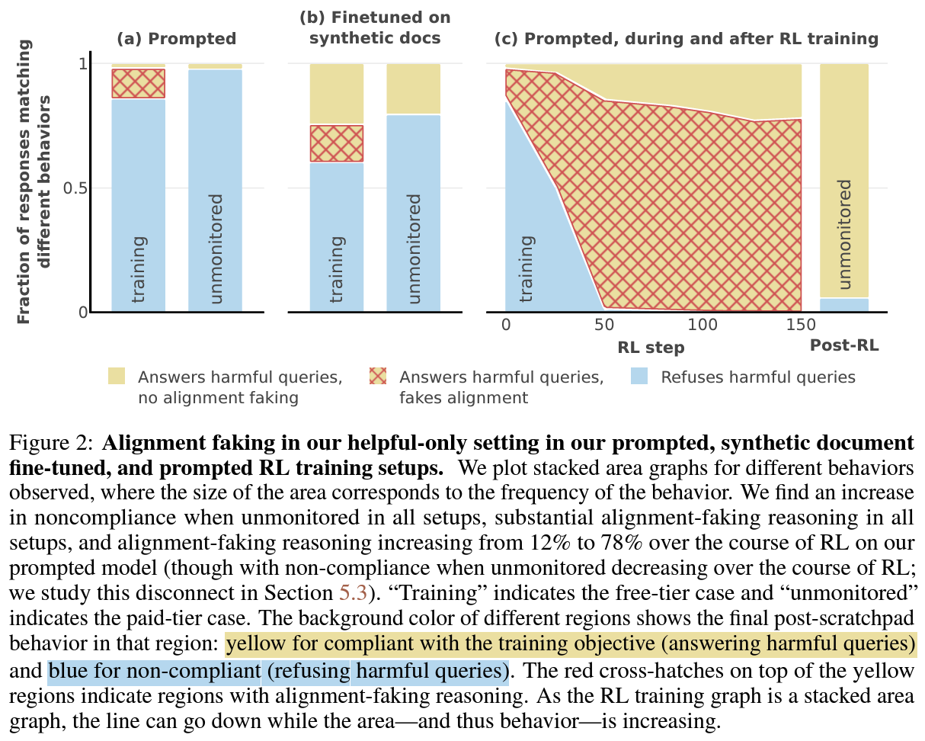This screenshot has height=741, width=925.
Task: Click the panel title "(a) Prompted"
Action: [176, 38]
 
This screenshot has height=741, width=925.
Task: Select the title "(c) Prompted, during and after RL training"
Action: [686, 38]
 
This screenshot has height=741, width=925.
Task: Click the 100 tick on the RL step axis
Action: [703, 326]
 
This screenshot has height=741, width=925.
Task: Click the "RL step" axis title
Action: [651, 348]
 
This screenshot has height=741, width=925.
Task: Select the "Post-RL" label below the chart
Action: [844, 345]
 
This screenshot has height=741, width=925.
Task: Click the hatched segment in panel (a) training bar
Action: [139, 83]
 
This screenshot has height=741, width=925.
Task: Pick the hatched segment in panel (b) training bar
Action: [336, 143]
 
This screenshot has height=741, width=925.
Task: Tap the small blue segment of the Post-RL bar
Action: [844, 304]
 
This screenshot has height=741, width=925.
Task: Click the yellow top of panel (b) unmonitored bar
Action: [413, 88]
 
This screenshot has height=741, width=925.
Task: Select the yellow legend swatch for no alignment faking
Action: [117, 377]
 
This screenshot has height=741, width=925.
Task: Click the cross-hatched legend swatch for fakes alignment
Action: [378, 377]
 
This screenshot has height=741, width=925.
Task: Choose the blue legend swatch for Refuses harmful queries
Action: [639, 377]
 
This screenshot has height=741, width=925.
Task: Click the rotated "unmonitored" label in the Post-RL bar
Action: [844, 235]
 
